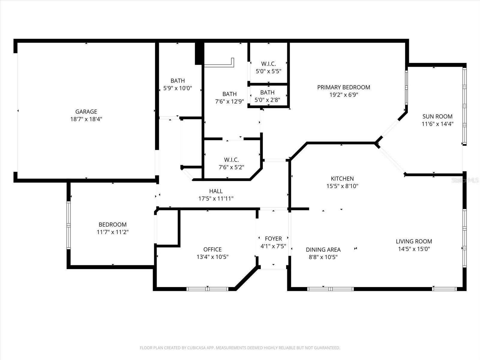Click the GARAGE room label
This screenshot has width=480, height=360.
pyautogui.click(x=86, y=112)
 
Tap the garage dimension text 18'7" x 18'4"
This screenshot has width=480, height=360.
pyautogui.click(x=86, y=119)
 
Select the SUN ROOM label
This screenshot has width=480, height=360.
pyautogui.click(x=437, y=116)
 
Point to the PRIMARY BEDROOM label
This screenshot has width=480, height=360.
pyautogui.click(x=343, y=87)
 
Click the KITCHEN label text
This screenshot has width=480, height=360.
pyautogui.click(x=342, y=178)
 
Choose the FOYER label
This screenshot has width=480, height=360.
pyautogui.click(x=273, y=238)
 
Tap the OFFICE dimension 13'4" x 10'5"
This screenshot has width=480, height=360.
pyautogui.click(x=212, y=257)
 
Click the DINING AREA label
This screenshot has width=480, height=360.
pyautogui.click(x=323, y=250)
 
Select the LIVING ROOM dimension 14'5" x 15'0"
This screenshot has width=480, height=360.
pyautogui.click(x=414, y=249)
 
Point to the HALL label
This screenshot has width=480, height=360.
pyautogui.click(x=216, y=191)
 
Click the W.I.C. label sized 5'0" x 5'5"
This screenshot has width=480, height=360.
pyautogui.click(x=268, y=64)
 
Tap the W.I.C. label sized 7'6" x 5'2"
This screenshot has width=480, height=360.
pyautogui.click(x=231, y=160)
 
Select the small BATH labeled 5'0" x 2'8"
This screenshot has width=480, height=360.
pyautogui.click(x=267, y=92)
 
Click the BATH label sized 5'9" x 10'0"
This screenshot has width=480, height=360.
pyautogui.click(x=178, y=81)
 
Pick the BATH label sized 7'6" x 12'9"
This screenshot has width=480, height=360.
pyautogui.click(x=229, y=94)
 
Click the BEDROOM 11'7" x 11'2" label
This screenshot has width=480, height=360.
pyautogui.click(x=112, y=224)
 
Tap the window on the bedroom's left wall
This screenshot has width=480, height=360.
pyautogui.click(x=68, y=225)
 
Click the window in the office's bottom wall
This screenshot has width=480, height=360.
pyautogui.click(x=208, y=289)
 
